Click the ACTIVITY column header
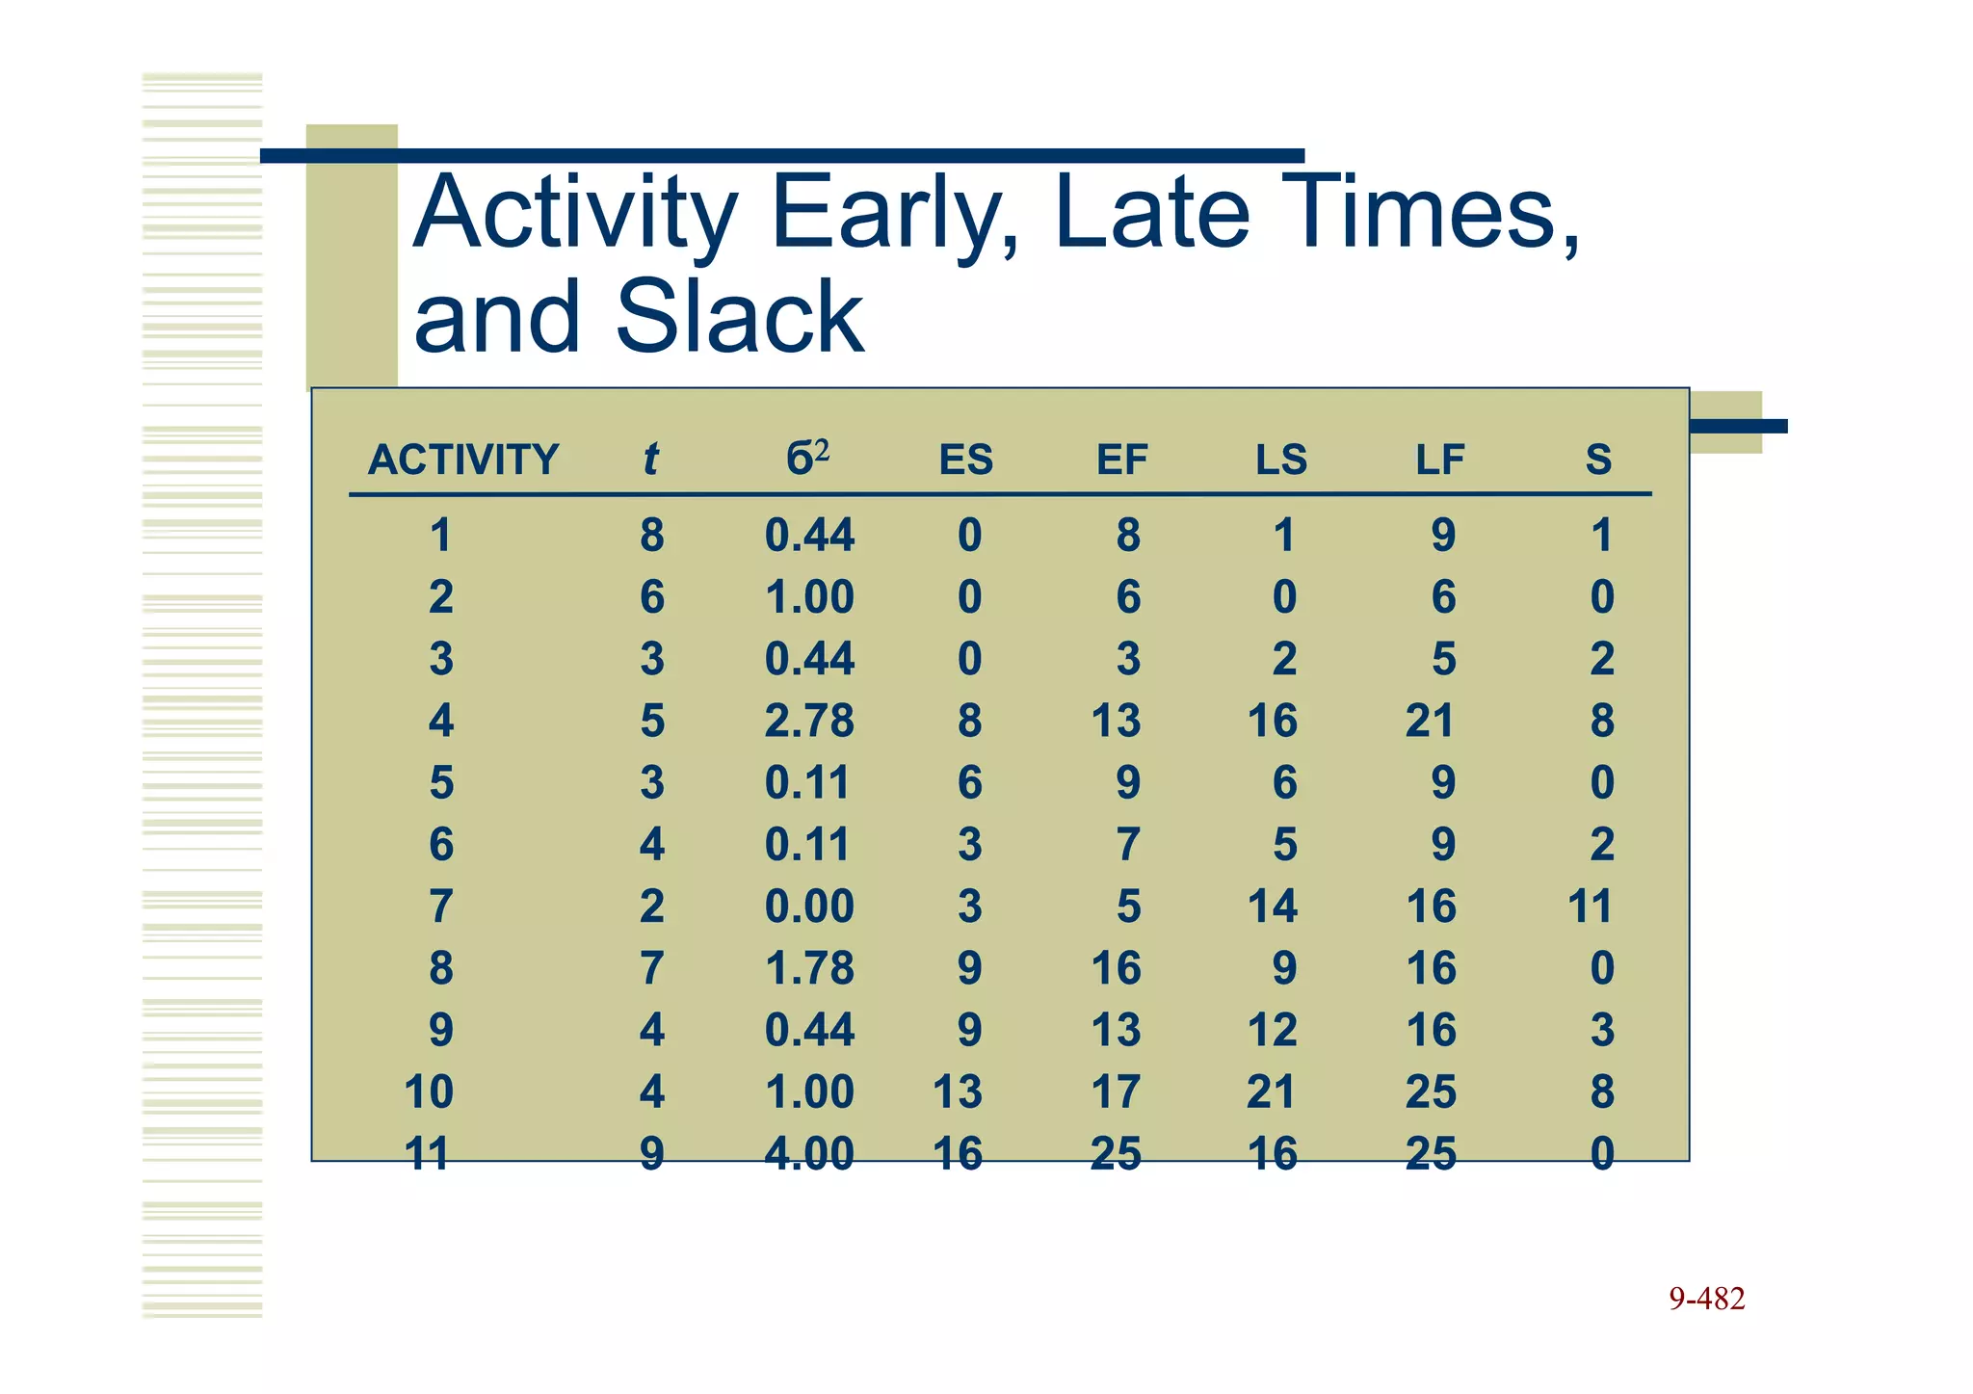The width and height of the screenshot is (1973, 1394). click(462, 460)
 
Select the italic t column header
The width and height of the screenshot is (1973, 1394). click(650, 460)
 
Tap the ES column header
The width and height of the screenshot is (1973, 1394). click(965, 460)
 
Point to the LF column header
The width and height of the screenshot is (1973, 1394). click(1439, 460)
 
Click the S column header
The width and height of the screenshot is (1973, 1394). click(1598, 460)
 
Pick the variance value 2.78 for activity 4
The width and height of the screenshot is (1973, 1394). click(809, 721)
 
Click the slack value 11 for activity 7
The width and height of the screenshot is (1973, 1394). click(1590, 907)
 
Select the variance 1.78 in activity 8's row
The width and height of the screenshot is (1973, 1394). click(809, 968)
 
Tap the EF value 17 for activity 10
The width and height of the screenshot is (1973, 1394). click(1116, 1092)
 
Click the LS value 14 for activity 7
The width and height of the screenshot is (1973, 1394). click(1273, 907)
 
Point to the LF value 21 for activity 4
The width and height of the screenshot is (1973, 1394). click(1430, 721)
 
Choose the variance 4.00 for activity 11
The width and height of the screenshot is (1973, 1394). click(809, 1153)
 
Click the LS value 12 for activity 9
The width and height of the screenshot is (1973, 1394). click(1273, 1030)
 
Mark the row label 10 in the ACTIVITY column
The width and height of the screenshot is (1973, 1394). click(429, 1092)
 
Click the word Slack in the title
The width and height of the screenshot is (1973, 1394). click(739, 316)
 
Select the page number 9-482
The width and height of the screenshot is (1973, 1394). click(1706, 1299)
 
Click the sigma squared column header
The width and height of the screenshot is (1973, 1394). click(807, 458)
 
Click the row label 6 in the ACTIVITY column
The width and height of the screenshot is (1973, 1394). click(441, 845)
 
